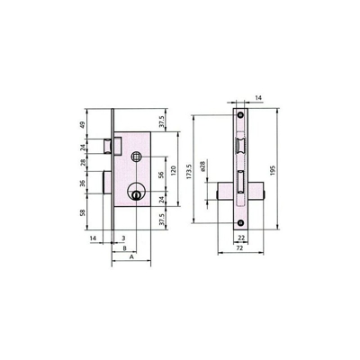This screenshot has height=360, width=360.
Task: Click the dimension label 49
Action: coord(83,124)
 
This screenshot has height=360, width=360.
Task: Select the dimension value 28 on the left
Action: coord(83,162)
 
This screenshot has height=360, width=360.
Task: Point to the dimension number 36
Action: coord(83,183)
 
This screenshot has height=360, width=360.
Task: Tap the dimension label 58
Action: coord(83,212)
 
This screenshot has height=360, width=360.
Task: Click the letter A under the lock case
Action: coord(131,256)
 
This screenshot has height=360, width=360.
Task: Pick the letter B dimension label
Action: coord(124,247)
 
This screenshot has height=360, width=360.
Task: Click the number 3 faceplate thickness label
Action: coord(123,238)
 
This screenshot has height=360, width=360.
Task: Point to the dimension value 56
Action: coord(161,174)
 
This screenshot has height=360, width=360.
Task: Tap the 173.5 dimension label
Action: coord(189,172)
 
